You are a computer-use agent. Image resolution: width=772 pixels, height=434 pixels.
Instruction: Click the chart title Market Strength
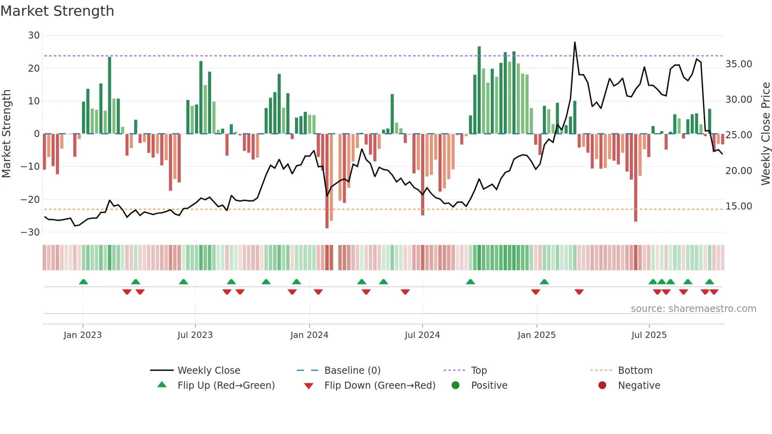point(57,11)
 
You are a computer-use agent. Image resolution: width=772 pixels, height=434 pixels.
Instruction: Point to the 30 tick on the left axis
point(34,35)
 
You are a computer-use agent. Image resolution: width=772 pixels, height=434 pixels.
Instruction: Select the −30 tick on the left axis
point(30,232)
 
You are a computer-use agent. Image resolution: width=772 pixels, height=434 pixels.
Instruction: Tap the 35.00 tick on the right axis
point(739,64)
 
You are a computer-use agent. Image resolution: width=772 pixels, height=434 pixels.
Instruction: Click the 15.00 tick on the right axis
point(739,206)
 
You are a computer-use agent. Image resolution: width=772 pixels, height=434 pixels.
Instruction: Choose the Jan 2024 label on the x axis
point(309,335)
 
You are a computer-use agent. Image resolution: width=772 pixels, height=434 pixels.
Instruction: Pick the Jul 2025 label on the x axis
point(649,335)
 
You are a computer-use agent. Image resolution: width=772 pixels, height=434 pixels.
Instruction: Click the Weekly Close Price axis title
point(765,134)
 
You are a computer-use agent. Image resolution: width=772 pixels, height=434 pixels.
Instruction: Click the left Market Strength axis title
point(6,134)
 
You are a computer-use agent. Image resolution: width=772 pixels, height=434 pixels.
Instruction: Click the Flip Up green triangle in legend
point(162,385)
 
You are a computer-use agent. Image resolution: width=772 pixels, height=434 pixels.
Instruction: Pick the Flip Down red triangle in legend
point(309,386)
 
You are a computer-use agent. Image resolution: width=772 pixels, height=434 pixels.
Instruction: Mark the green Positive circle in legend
point(456,385)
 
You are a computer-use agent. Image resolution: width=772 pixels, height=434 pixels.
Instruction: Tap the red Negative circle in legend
point(602,385)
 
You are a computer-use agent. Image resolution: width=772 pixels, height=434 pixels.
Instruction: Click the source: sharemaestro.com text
point(693,309)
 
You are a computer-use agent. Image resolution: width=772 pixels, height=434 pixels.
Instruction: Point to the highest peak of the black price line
point(575,43)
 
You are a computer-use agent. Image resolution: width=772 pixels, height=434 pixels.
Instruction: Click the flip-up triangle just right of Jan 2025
point(544,282)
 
